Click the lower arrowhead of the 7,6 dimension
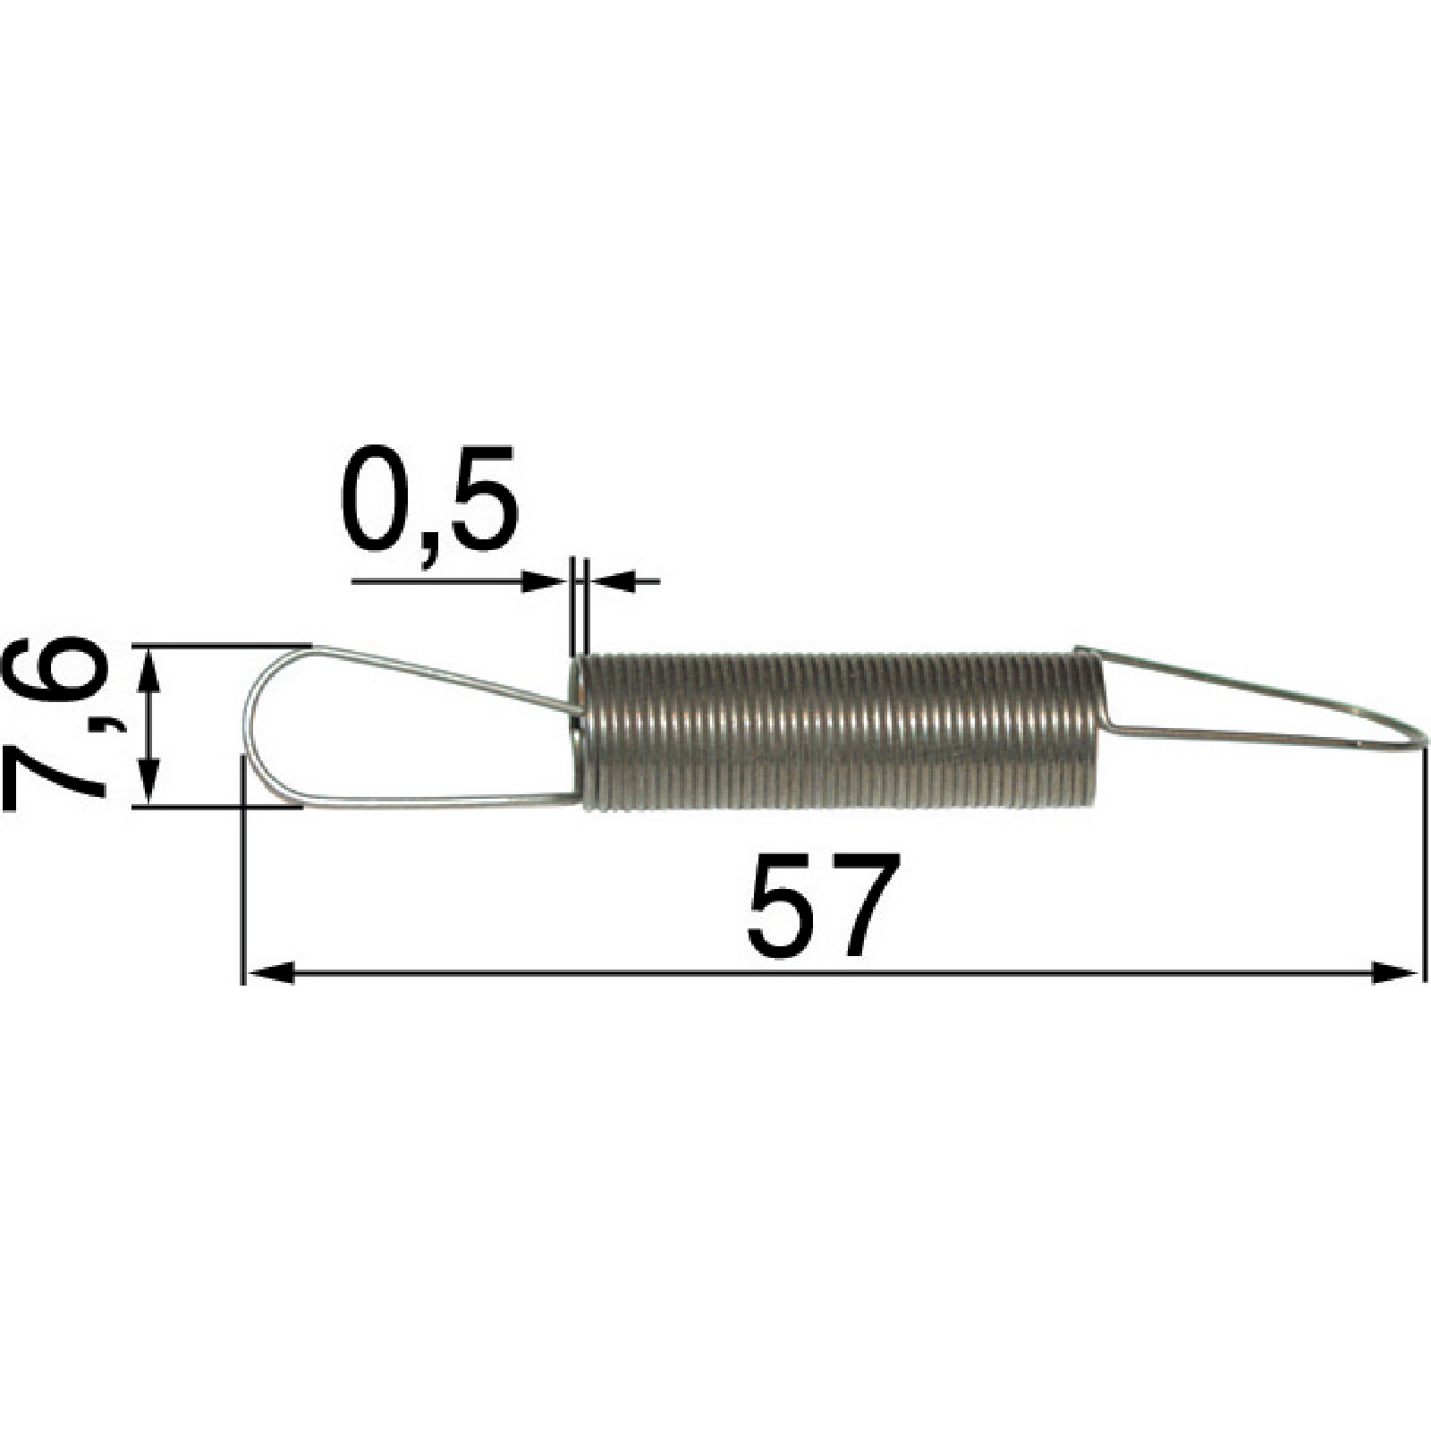[x=150, y=781]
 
